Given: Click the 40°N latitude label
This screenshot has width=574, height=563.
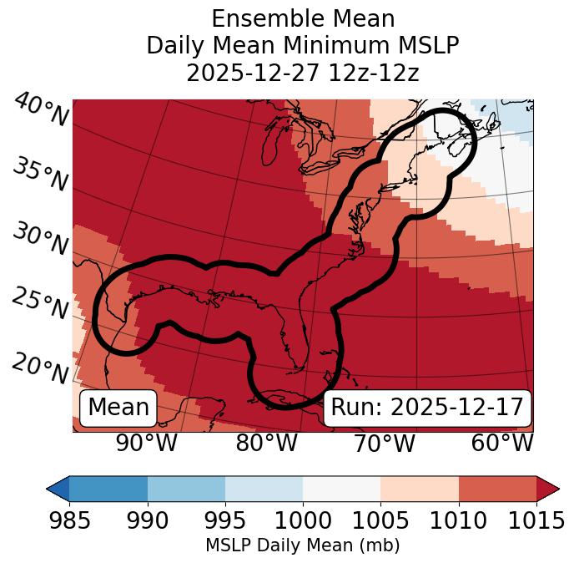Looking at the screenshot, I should (x=41, y=110).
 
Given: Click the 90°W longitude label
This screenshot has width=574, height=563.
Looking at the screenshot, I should (x=146, y=443).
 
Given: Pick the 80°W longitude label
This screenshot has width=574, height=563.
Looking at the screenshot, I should (x=267, y=443).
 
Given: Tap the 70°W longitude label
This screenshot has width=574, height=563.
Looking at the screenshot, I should (x=385, y=443).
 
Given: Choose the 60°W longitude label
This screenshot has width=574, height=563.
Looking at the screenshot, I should (x=502, y=443).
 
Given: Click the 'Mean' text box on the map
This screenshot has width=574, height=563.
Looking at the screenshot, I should (x=118, y=408).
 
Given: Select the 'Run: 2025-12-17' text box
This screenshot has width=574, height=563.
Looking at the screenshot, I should (x=427, y=408).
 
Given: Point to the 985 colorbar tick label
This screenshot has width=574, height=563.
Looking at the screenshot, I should (x=69, y=521).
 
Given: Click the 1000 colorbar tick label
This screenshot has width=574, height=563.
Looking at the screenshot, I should (x=303, y=521).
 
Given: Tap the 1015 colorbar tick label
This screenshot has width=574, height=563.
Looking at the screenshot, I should (x=536, y=521).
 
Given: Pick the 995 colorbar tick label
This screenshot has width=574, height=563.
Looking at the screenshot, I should (x=225, y=521).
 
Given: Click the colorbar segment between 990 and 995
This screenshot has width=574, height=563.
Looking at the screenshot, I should (x=186, y=488).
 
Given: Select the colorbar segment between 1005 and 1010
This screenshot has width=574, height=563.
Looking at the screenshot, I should (x=420, y=488).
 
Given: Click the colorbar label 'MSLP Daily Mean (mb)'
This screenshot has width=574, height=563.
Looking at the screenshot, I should (x=302, y=545).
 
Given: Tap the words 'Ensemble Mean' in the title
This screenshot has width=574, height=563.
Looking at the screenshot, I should (x=303, y=19).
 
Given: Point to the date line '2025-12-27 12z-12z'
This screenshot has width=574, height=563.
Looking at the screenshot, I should (x=303, y=73).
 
